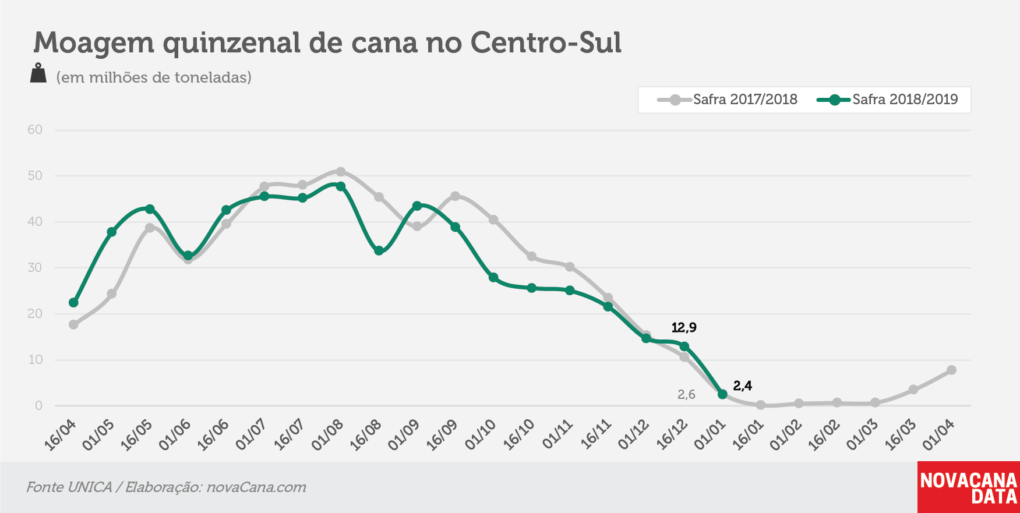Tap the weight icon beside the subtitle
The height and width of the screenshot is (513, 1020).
click(x=38, y=73)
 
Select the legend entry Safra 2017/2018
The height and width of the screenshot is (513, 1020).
click(x=728, y=100)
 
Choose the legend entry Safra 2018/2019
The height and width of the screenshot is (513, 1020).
click(x=887, y=100)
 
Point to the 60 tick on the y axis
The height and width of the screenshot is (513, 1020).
click(x=35, y=130)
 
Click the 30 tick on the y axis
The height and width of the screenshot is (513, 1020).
click(x=35, y=268)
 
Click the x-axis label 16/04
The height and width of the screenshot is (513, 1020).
click(x=61, y=435)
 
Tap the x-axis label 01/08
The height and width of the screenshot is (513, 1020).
click(x=328, y=435)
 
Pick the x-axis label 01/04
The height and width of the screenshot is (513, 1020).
click(x=939, y=435)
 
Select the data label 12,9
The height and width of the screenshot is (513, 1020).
click(x=684, y=327)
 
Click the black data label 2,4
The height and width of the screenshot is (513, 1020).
click(x=743, y=385)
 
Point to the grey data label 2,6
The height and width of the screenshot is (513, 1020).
click(x=686, y=395)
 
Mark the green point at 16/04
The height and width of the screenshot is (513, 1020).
click(x=73, y=303)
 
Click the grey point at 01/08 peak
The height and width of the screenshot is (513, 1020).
click(x=341, y=172)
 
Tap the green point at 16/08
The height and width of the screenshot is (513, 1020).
click(x=379, y=251)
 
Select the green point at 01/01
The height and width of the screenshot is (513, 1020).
click(x=723, y=394)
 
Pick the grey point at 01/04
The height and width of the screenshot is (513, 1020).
click(x=952, y=370)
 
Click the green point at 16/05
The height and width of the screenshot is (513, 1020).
click(x=150, y=209)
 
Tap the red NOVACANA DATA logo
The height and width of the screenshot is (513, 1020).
click(x=969, y=487)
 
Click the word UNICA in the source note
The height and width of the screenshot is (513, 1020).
click(x=90, y=487)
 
